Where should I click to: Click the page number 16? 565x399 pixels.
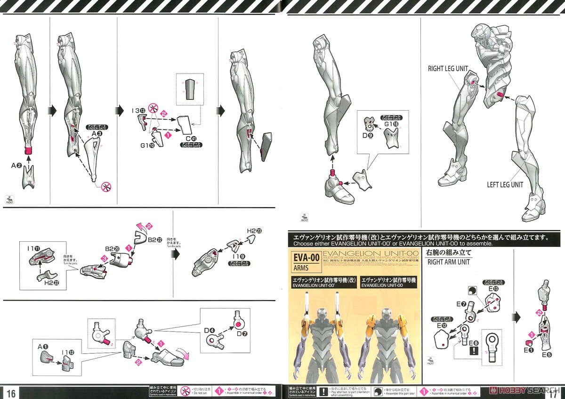pyautogui.click(x=11, y=393)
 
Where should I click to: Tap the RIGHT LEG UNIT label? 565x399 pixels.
pyautogui.click(x=448, y=69)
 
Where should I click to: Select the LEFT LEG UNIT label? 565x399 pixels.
pyautogui.click(x=505, y=185)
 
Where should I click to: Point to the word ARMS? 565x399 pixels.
pyautogui.click(x=302, y=269)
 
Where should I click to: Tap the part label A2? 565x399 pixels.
pyautogui.click(x=16, y=165)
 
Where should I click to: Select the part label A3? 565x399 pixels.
pyautogui.click(x=97, y=134)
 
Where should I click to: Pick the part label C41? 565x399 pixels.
pyautogui.click(x=191, y=138)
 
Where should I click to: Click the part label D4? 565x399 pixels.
pyautogui.click(x=210, y=330)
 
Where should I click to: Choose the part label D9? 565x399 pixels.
pyautogui.click(x=368, y=136)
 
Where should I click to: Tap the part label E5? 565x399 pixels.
pyautogui.click(x=546, y=354)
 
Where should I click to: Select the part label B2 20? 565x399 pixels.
pyautogui.click(x=112, y=248)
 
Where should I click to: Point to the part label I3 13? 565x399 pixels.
pyautogui.click(x=138, y=111)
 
